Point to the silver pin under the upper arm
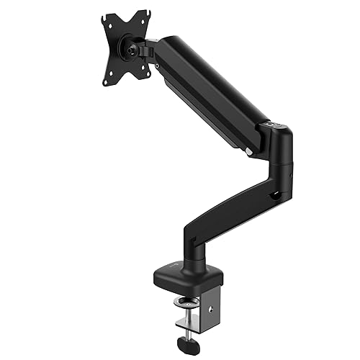coord(248,150)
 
